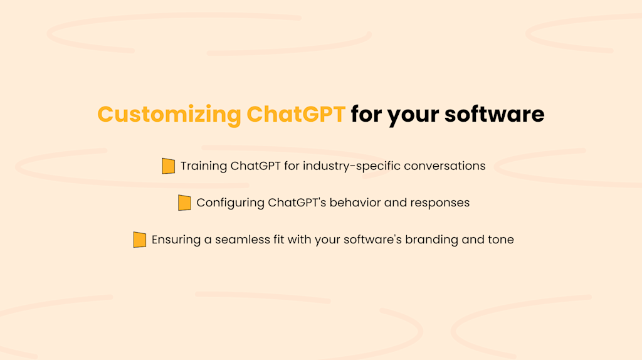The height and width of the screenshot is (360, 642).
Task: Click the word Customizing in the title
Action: point(169,115)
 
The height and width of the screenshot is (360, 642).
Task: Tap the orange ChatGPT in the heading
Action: point(295,114)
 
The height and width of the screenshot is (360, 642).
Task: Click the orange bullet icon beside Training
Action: point(168,166)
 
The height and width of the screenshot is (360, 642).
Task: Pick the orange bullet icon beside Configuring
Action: point(184,203)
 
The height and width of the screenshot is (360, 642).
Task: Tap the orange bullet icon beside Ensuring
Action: point(140,240)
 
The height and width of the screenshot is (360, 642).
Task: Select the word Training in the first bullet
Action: point(203,166)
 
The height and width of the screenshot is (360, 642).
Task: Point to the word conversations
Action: point(445,166)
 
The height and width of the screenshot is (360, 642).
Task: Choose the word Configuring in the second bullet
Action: point(229,203)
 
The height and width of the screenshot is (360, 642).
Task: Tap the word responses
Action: point(439,203)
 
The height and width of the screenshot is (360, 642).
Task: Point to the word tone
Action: point(501,240)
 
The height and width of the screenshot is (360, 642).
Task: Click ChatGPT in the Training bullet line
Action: point(255,166)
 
